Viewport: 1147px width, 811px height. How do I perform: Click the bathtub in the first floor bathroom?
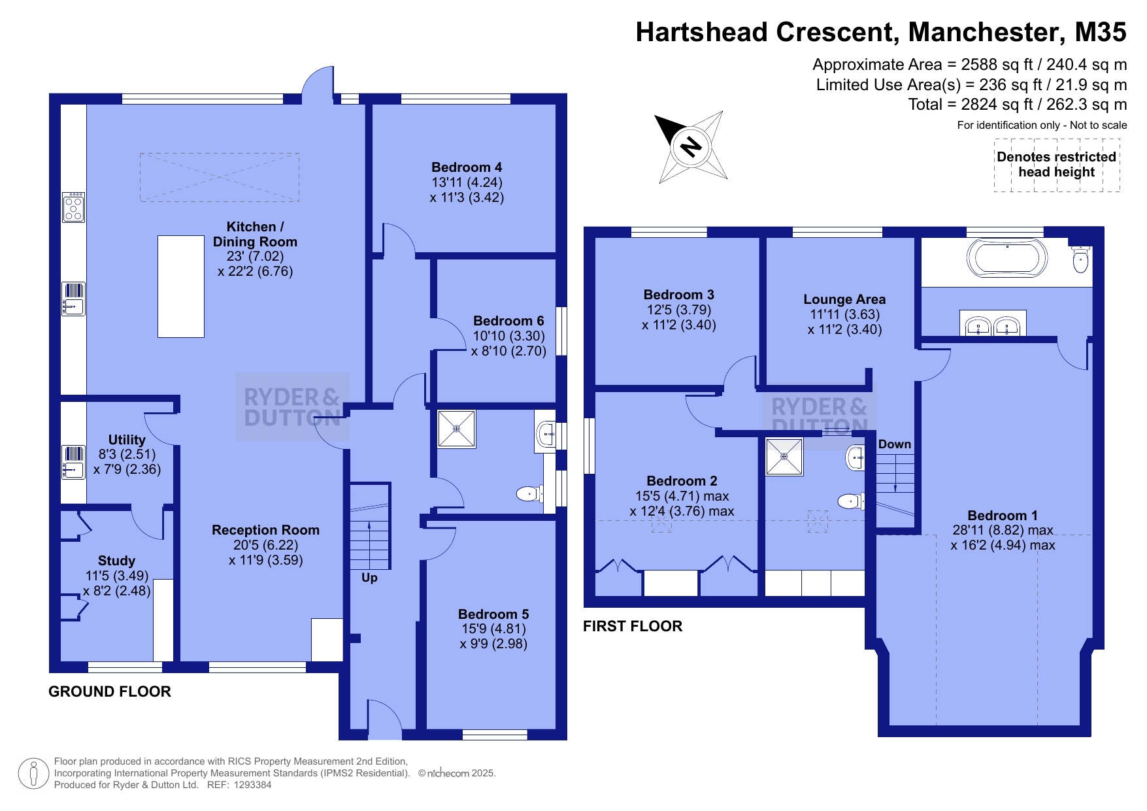tap(1006, 258)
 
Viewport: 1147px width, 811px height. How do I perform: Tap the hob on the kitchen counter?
tap(73, 207)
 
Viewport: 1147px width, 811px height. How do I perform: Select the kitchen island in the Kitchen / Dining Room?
tap(181, 286)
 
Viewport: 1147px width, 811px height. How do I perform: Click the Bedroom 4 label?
tap(467, 167)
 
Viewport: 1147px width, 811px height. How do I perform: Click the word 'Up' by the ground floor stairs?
tap(369, 578)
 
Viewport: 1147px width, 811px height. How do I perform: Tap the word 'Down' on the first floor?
tap(894, 444)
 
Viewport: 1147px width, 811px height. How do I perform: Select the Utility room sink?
tap(73, 462)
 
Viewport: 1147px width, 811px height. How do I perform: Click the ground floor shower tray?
tap(456, 429)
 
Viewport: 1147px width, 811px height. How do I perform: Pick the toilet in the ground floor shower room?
tap(529, 493)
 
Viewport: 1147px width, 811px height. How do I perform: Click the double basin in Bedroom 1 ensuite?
tap(993, 324)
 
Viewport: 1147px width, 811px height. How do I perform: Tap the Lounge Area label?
tap(844, 299)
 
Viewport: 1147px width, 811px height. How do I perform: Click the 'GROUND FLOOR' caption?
tap(110, 691)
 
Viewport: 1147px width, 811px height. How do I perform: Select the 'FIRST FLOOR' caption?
tap(633, 626)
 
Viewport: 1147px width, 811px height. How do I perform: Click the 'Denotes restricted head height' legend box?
tap(1056, 165)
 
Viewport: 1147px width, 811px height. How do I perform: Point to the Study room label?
tap(116, 561)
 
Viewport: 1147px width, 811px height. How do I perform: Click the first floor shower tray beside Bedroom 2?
tap(784, 457)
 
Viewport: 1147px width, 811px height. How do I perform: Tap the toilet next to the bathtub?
tap(1080, 261)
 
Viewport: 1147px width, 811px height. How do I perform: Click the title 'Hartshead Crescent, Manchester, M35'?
tap(880, 32)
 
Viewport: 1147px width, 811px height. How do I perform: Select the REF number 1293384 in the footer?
tap(252, 785)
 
